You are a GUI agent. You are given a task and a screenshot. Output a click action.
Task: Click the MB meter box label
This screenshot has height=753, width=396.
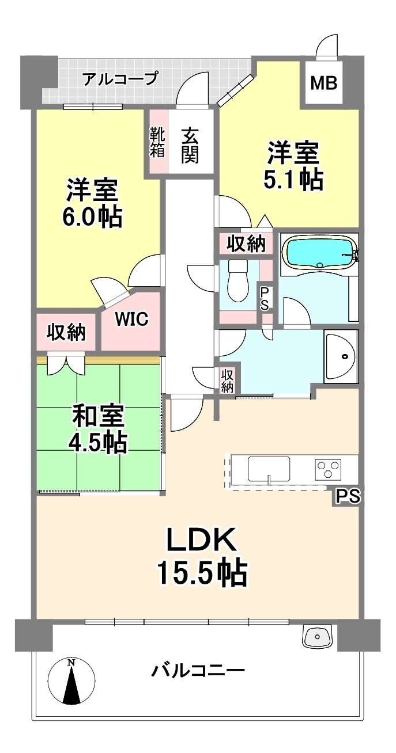click(x=323, y=83)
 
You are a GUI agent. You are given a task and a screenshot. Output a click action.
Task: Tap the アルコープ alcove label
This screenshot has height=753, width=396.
click(x=120, y=78)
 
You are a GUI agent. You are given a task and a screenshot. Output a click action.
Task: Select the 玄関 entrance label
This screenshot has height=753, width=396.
click(x=190, y=146)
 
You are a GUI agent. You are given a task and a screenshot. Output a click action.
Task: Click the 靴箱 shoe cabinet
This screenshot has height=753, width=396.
click(x=157, y=141)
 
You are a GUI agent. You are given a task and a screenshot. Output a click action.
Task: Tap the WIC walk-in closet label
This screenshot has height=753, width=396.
click(x=131, y=319)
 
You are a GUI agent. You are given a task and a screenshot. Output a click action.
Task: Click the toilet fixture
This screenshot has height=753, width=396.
click(x=238, y=281)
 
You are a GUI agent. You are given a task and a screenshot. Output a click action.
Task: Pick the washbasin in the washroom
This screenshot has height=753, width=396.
click(x=340, y=356)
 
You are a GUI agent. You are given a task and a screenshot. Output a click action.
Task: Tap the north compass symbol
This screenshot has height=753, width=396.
click(x=71, y=681)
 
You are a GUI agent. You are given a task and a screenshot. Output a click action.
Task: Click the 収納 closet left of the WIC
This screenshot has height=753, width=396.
click(x=66, y=332)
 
